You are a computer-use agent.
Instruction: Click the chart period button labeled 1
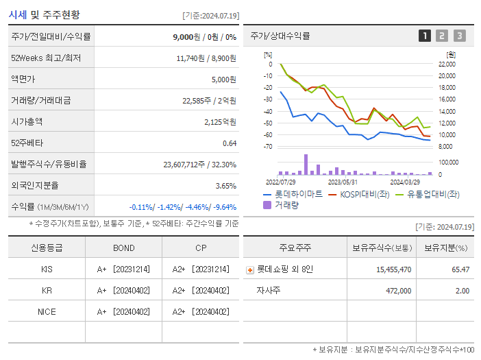425,36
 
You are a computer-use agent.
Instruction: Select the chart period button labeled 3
459,36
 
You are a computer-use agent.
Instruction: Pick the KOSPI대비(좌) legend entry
361,194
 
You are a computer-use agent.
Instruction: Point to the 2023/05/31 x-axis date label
343,182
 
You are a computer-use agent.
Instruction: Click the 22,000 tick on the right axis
446,64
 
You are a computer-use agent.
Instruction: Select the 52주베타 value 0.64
230,143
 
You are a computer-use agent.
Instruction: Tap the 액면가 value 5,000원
223,80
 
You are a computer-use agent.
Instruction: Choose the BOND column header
123,248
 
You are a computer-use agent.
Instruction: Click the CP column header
201,248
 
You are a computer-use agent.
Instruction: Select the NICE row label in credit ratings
47,311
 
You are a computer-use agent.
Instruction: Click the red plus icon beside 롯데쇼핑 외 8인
249,269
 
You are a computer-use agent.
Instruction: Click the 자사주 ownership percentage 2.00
462,291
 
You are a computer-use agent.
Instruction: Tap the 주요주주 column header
295,248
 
